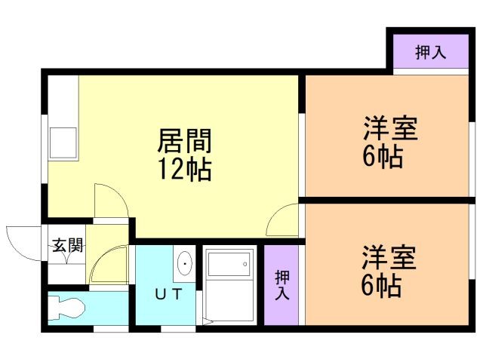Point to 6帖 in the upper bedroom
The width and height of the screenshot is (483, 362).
coord(381,158)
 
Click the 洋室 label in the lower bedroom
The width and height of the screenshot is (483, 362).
coord(389,257)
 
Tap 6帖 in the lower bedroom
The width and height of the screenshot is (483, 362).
coord(381,285)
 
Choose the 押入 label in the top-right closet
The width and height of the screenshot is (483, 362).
coord(430,52)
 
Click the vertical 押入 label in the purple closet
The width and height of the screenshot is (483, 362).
coord(281,284)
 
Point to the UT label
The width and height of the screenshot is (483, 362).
coord(169,294)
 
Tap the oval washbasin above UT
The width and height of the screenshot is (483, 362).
coord(185,264)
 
